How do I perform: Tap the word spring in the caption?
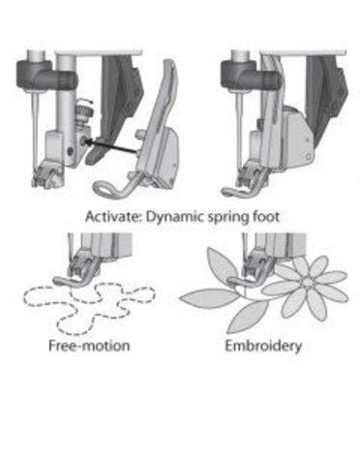pos(228,217)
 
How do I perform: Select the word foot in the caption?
pos(266,217)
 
